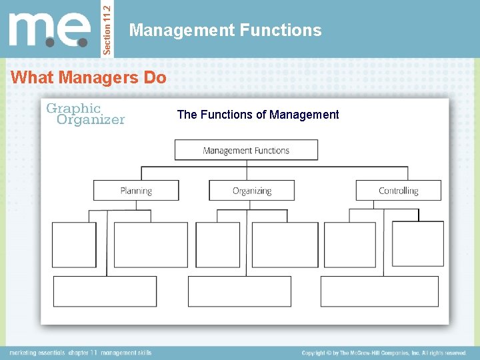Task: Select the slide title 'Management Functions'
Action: tap(225, 30)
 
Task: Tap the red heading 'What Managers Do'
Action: tap(89, 77)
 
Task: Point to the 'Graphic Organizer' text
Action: tap(85, 114)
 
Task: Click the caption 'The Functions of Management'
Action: tap(258, 115)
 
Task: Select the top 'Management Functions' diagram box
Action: tap(246, 150)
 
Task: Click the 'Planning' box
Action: tap(136, 190)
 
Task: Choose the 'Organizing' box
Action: tap(252, 190)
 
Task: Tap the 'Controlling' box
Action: tap(398, 190)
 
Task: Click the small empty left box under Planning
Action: tap(74, 245)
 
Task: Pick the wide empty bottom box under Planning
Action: tap(105, 291)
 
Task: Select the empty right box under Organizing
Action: tap(285, 245)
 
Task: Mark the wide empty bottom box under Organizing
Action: tap(240, 291)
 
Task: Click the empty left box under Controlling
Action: tap(349, 245)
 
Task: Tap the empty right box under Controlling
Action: tap(417, 245)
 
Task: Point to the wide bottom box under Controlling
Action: tap(379, 291)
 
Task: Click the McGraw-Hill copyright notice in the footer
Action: tap(383, 353)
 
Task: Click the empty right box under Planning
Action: tap(151, 245)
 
